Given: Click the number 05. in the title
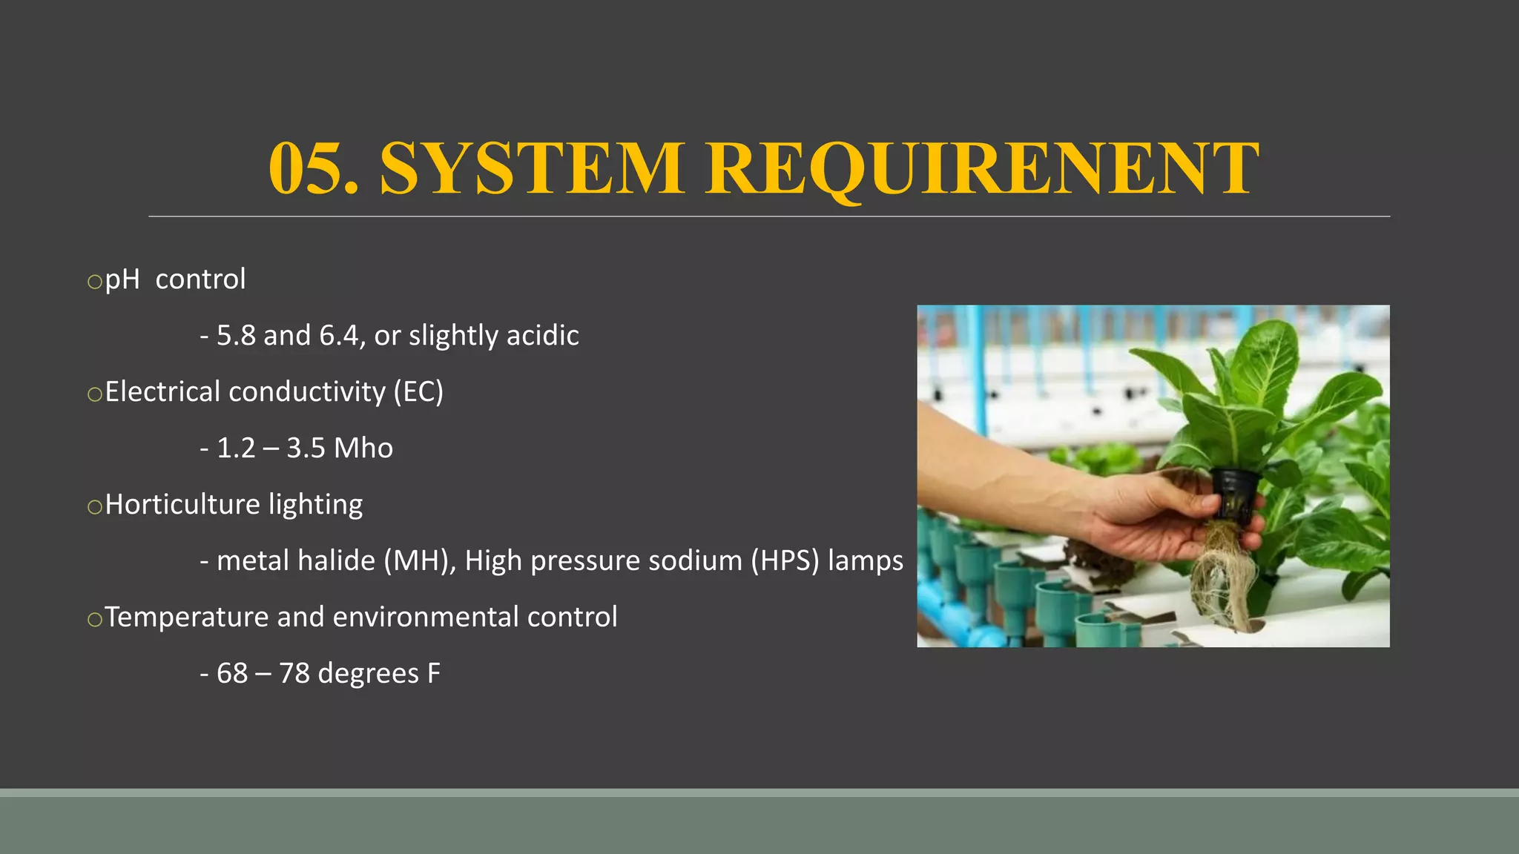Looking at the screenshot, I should pos(313,169).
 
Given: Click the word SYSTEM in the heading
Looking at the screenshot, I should pos(531,169).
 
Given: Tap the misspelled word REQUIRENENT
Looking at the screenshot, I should pos(982,169).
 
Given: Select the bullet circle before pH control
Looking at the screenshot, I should pos(94,282).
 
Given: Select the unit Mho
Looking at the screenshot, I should pos(363,448).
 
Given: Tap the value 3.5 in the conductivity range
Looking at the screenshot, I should pos(306,448).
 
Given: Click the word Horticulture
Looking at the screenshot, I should pos(182,504).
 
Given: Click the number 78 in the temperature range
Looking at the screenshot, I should pos(294,673).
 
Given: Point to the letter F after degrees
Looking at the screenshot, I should pos(433,673).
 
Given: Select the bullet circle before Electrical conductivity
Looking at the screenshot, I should pos(94,394).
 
